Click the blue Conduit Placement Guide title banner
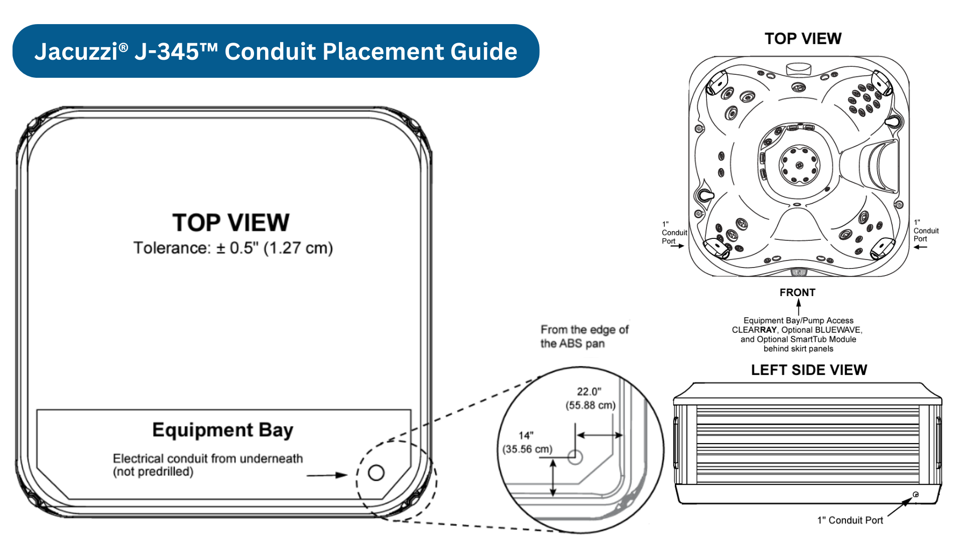pyautogui.click(x=276, y=51)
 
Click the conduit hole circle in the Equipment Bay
pyautogui.click(x=376, y=472)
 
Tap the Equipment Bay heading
pyautogui.click(x=222, y=430)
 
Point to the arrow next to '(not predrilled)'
pyautogui.click(x=327, y=475)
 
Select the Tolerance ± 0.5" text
pyautogui.click(x=233, y=248)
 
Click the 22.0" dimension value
pyautogui.click(x=589, y=392)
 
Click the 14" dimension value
pyautogui.click(x=526, y=436)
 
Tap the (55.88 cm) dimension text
pyautogui.click(x=590, y=405)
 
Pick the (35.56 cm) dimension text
pyautogui.click(x=527, y=449)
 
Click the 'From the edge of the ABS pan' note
pyautogui.click(x=584, y=337)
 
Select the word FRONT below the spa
pyautogui.click(x=797, y=293)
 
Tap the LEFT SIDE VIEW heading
pyautogui.click(x=809, y=370)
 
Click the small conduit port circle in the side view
pyautogui.click(x=916, y=495)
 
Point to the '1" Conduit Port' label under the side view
pyautogui.click(x=850, y=520)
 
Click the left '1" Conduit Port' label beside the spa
pyautogui.click(x=674, y=233)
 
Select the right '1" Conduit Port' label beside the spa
pyautogui.click(x=925, y=231)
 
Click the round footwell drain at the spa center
pyautogui.click(x=799, y=165)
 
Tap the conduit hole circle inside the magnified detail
pyautogui.click(x=575, y=457)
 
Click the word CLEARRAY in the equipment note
pyautogui.click(x=754, y=330)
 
